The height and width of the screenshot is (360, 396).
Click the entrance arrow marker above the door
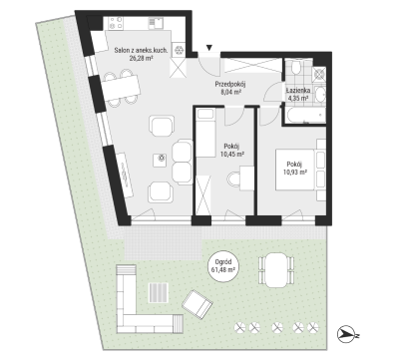point(208,48)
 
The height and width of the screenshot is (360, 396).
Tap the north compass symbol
point(346,334)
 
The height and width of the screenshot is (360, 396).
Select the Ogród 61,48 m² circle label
point(223,266)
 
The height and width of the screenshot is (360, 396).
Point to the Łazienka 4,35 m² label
point(298,94)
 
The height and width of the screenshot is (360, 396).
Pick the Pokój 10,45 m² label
point(231,150)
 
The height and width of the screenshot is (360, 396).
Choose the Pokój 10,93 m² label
point(294,168)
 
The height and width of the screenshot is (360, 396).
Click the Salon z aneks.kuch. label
point(141,51)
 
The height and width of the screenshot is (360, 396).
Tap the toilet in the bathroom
point(295,67)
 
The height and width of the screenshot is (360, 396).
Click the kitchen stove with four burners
point(115,23)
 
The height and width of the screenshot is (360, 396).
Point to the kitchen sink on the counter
point(156,22)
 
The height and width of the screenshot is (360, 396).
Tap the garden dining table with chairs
point(276,269)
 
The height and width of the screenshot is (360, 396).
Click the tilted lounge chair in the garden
point(198,304)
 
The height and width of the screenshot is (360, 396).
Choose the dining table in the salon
point(122,88)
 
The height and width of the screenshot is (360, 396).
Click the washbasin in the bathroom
point(320,95)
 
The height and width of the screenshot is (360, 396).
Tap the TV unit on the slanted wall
point(125,175)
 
